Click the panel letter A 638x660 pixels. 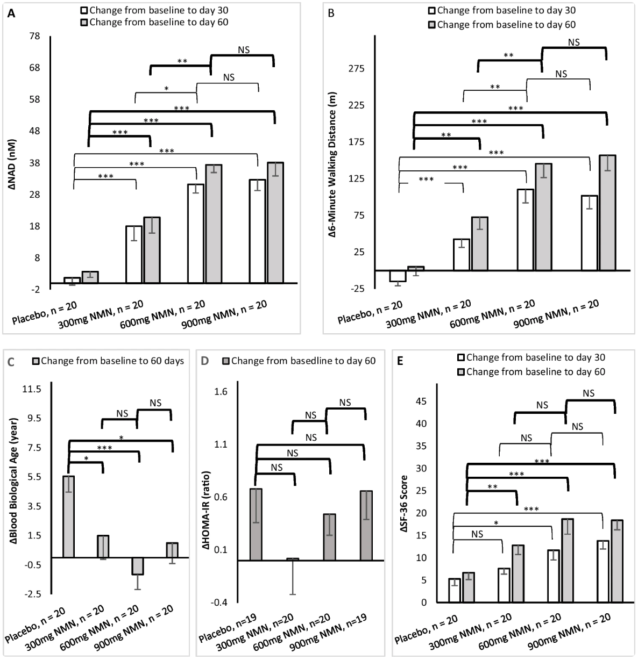click(11, 13)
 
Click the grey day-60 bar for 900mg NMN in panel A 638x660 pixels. click(276, 223)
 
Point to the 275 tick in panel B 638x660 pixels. click(357, 69)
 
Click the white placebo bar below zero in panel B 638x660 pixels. click(398, 276)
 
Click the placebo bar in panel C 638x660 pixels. click(69, 516)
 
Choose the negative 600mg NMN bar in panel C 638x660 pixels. click(137, 566)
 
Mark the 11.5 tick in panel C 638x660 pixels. click(31, 389)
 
